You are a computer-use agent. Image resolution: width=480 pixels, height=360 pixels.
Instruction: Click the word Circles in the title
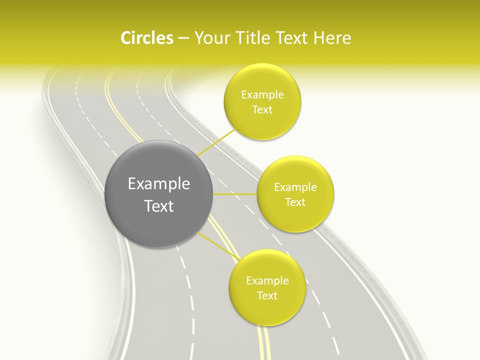(147, 38)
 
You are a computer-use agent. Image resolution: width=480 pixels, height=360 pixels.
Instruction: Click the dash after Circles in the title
(183, 38)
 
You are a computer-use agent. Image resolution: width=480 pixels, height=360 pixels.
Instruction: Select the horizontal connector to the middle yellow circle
(234, 194)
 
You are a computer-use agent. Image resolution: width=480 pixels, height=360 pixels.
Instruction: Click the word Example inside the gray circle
(159, 184)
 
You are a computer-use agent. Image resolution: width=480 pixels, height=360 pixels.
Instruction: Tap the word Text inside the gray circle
(159, 206)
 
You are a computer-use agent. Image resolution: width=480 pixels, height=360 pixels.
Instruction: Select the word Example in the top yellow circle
(262, 95)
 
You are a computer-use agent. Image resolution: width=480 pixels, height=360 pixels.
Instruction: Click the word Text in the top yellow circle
(262, 110)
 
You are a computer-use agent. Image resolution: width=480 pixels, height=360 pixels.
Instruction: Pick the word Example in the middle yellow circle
(295, 187)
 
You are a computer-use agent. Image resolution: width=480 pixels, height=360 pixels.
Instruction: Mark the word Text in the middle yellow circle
(295, 202)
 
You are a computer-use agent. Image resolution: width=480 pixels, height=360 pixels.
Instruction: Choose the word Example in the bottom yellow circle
(267, 281)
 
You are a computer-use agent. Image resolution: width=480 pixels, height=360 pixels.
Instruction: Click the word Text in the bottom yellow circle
(267, 296)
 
